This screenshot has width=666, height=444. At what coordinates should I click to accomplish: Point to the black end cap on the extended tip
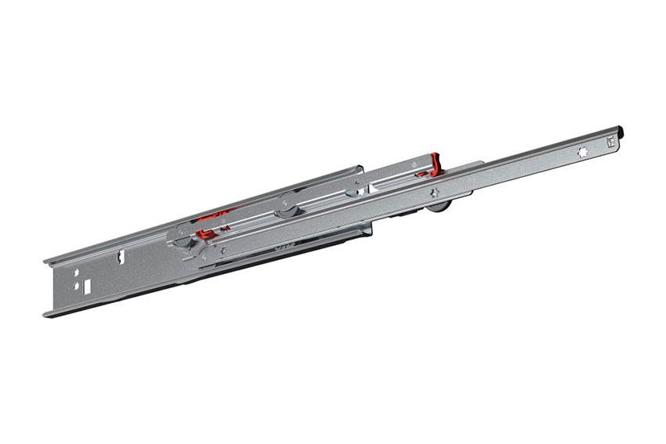621,132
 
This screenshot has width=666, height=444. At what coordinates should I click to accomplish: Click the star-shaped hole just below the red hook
434,192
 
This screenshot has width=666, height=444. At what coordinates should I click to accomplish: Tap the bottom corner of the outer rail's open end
47,315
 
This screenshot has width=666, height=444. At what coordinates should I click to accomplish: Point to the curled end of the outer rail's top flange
46,259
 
